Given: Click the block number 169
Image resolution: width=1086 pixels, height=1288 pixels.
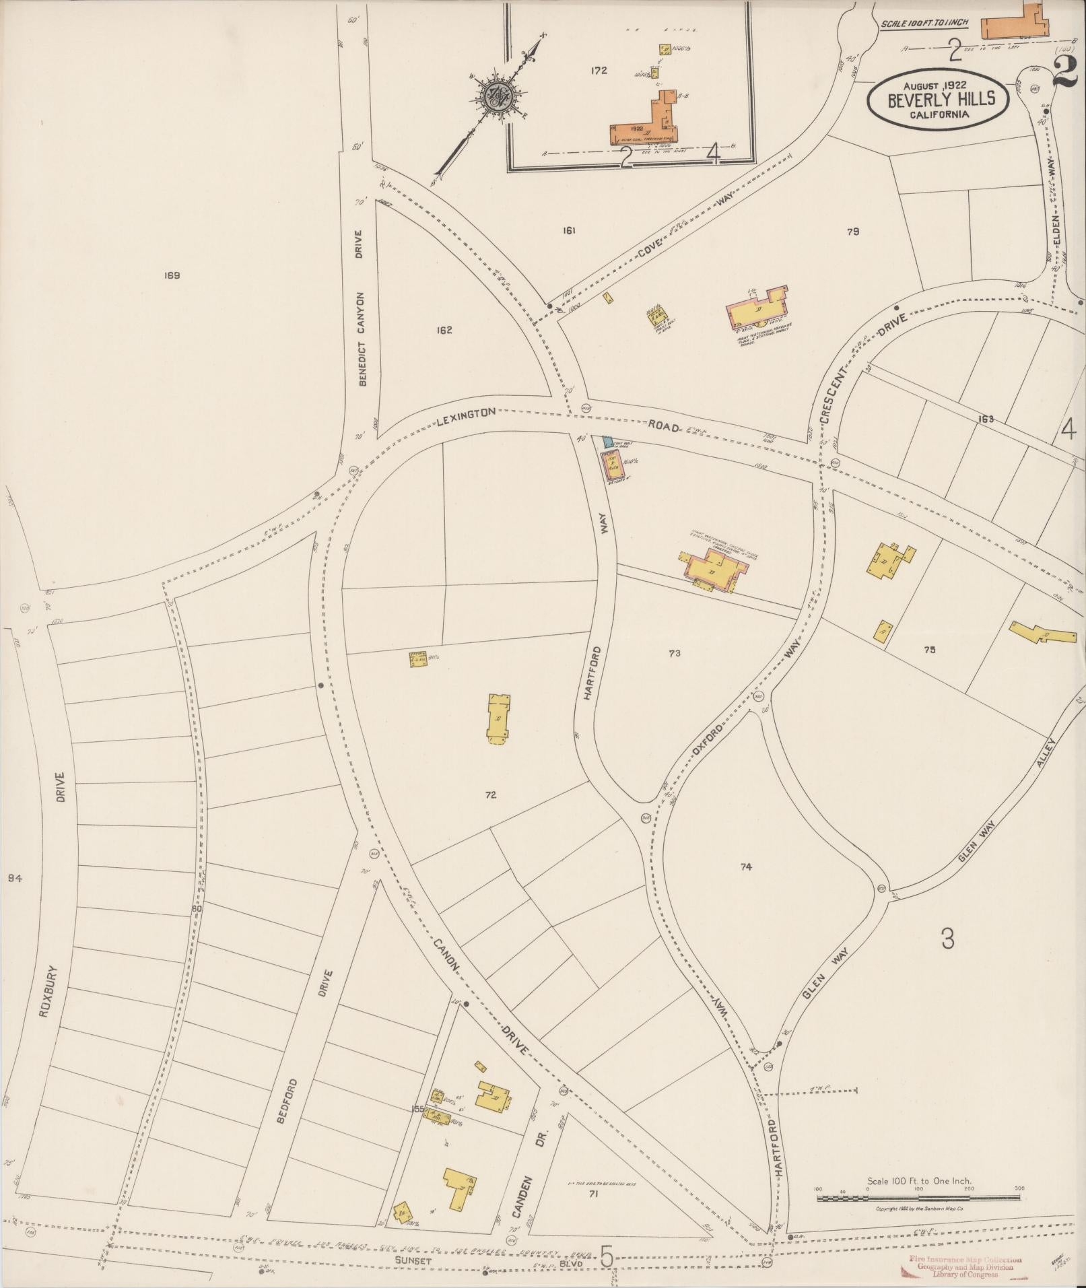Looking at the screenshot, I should coord(172,275).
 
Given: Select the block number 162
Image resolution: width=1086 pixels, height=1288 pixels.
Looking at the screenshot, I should coord(444,330).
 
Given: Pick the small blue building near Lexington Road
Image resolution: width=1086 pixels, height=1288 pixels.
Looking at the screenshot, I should coord(608,442).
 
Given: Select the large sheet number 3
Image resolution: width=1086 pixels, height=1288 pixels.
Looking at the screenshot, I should coord(947,939).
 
